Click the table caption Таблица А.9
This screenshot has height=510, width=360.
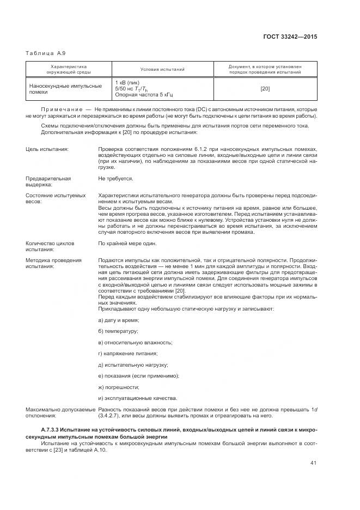pos(45,53)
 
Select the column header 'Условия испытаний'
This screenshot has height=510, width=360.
pos(162,69)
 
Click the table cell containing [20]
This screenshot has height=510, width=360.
pos(265,89)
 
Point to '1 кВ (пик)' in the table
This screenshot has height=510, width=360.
pos(128,82)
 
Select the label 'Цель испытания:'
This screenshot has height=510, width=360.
pos(47,149)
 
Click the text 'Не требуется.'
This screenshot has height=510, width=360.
pos(115,178)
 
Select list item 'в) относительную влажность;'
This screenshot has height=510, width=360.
pos(135,342)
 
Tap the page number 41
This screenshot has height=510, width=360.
pos(314,464)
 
